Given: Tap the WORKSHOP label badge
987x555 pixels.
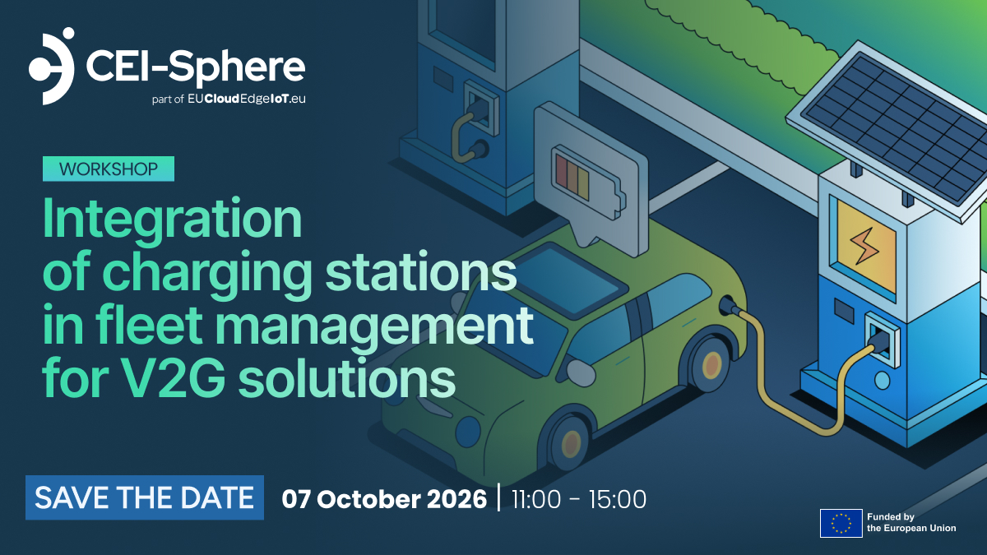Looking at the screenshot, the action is coord(109,169).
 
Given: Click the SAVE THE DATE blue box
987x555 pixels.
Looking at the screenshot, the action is coord(145,497).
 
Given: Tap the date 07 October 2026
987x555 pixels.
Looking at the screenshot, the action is coord(384,499).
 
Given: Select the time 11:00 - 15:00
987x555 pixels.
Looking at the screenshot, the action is coord(579,499).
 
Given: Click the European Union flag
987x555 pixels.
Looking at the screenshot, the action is coord(841,523).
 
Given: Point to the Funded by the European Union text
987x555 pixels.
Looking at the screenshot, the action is coord(911,522).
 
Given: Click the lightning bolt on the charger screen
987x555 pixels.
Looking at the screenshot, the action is coord(864,246).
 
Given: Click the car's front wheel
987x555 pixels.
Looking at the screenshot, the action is coord(570,443).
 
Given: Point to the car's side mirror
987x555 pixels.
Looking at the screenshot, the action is coord(581,372).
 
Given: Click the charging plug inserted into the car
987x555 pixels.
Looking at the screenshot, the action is coord(730,306).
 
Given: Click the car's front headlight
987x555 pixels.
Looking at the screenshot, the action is coord(468,431).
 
